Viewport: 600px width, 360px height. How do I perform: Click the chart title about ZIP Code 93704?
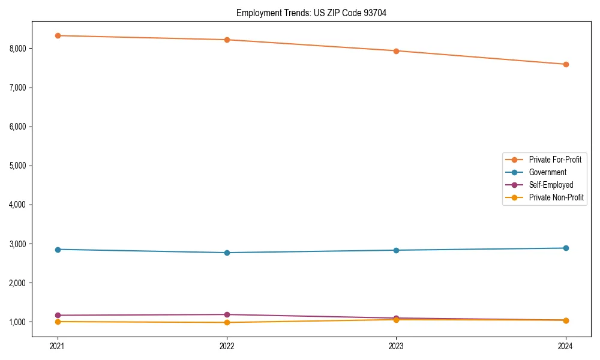311,13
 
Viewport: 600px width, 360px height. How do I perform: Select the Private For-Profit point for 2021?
58,35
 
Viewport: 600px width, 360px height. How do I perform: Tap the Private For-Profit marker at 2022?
227,40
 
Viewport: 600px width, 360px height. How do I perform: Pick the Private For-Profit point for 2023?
396,51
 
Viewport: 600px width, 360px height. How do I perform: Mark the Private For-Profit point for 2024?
565,64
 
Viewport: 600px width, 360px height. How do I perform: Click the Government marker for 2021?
58,249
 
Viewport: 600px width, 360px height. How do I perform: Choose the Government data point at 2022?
227,253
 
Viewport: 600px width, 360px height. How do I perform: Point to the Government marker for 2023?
396,250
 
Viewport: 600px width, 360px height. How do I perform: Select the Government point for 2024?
565,248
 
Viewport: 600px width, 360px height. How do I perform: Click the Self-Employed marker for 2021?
58,315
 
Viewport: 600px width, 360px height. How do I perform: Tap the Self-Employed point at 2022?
227,314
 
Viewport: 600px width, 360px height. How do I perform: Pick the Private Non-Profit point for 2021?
58,322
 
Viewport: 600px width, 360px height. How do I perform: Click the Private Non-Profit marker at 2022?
227,322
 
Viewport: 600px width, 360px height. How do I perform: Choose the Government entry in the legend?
547,172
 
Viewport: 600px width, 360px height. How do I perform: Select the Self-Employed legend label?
551,185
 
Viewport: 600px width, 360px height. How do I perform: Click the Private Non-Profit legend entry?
556,197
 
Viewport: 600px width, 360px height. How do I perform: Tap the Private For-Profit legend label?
555,160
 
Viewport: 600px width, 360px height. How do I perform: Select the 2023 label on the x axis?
396,346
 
